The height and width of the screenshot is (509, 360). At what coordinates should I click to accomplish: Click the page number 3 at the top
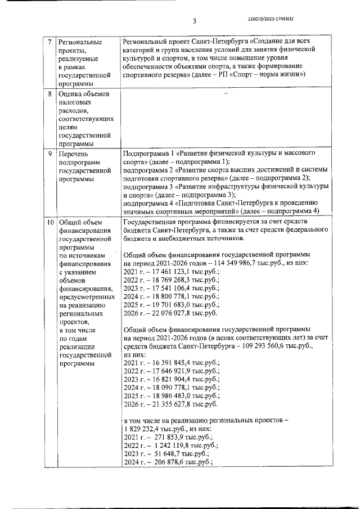[193, 21]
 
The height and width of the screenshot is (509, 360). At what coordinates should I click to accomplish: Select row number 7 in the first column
[50, 43]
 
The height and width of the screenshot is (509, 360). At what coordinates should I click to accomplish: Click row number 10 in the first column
[50, 223]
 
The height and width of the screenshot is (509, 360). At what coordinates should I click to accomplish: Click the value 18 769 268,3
[169, 280]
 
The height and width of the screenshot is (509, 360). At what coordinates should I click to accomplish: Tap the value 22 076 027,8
[169, 312]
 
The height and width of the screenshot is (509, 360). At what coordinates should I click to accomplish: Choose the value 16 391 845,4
[169, 363]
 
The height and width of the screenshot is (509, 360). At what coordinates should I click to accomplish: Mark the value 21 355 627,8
[169, 404]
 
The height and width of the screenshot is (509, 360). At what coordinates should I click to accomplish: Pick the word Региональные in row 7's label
[80, 43]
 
